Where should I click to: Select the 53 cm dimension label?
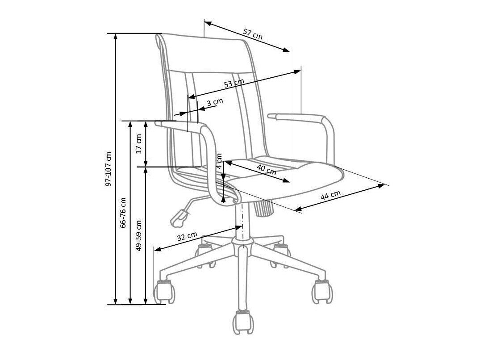point(234,83)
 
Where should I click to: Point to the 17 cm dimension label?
point(138,143)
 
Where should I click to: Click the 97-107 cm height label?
point(109,169)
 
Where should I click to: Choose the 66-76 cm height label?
point(123,213)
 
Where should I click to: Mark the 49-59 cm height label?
point(138,235)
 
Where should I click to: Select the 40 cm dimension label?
point(267,169)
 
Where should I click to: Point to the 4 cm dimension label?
point(219,161)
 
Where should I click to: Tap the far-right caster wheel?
point(321,291)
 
